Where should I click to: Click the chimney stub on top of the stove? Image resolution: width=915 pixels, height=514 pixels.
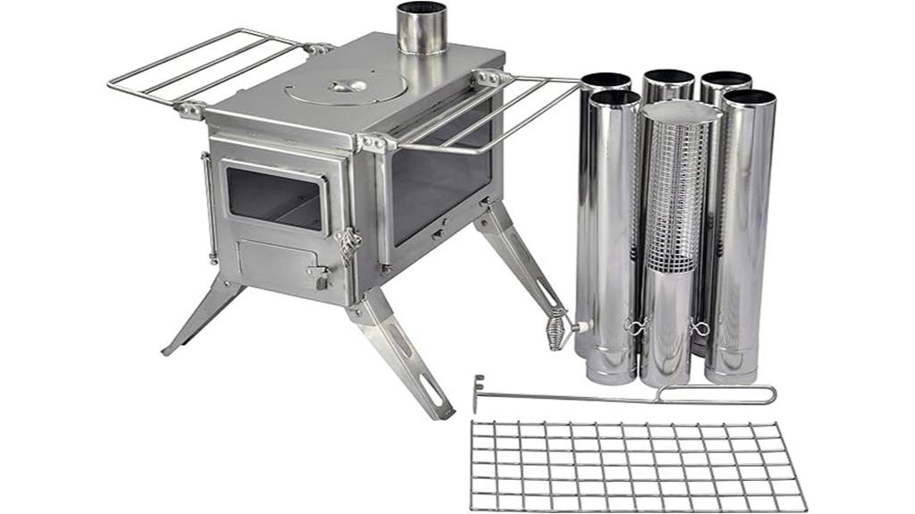(421, 29)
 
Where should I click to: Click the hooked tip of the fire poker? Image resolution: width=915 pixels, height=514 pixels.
(478, 393)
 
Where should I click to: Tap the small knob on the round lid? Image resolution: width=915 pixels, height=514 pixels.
(345, 86)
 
